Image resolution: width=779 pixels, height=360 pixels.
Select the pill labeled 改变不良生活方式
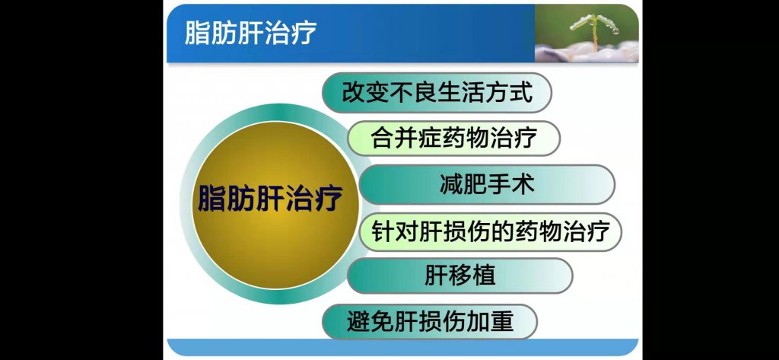pos(437,93)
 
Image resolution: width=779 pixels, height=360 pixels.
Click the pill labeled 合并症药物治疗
pos(453,138)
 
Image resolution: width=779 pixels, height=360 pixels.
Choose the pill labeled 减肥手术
pos(487,184)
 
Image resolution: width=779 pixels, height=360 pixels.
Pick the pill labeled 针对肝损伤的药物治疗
pos(490,231)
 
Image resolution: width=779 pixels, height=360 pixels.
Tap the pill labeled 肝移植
pos(460,276)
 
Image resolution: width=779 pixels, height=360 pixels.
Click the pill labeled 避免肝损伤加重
pos(430,322)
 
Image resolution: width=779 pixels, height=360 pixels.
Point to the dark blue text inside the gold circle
pos(270,198)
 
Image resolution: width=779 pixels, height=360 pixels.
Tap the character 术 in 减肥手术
pos(523,184)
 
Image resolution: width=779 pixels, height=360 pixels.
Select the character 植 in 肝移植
pos(483,276)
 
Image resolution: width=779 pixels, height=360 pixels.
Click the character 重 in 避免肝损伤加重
pos(501,322)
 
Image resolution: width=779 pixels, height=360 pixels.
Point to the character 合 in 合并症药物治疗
pos(382,138)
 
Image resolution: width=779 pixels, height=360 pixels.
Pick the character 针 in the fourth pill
pos(383,231)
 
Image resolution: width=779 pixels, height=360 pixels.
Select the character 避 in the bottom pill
pos(358,322)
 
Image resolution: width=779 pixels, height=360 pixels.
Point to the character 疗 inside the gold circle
pos(329,198)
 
